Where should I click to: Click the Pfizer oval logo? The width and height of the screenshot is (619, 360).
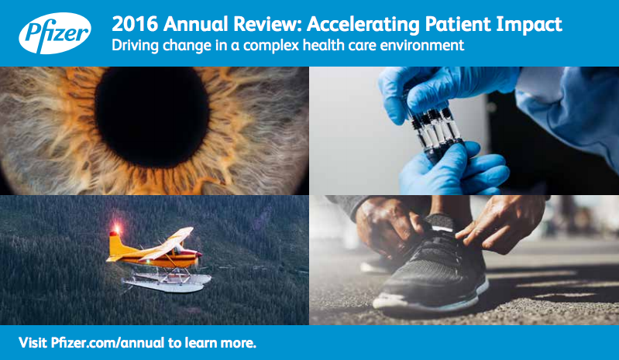[55, 33]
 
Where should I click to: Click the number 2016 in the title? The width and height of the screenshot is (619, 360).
[135, 24]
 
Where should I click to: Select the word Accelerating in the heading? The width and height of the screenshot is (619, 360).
[363, 25]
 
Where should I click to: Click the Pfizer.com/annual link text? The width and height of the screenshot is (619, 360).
[108, 343]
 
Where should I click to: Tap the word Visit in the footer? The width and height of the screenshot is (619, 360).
[33, 342]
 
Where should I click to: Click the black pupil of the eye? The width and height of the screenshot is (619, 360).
[152, 117]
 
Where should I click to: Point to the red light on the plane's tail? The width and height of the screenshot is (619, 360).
[116, 228]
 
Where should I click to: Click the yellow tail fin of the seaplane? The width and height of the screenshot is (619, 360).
[116, 245]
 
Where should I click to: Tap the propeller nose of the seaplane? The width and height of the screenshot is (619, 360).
[198, 255]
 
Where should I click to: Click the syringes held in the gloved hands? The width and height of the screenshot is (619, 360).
[435, 127]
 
